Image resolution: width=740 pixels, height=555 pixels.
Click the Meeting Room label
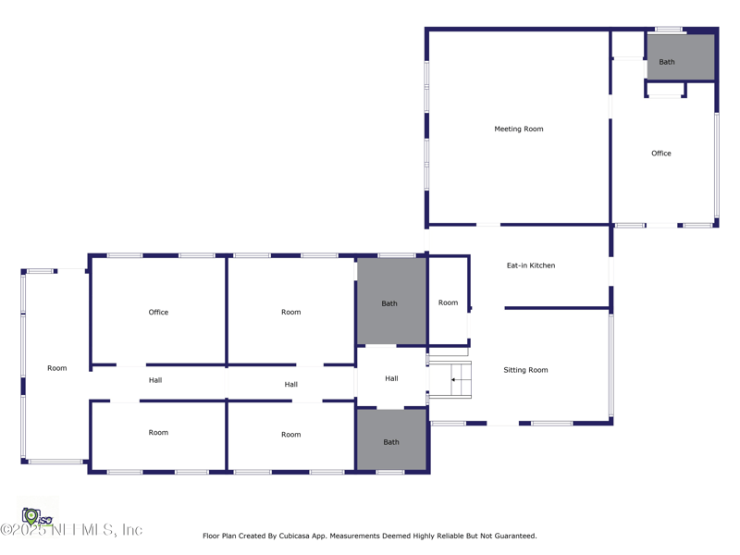pyautogui.click(x=519, y=129)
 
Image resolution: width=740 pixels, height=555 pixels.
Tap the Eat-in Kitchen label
pyautogui.click(x=531, y=265)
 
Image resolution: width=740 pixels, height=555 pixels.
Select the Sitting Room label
pyautogui.click(x=525, y=370)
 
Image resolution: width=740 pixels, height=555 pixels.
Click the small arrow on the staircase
pyautogui.click(x=453, y=379)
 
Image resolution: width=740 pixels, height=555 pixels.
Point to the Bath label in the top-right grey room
pyautogui.click(x=667, y=62)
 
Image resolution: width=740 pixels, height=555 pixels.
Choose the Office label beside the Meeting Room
pyautogui.click(x=661, y=154)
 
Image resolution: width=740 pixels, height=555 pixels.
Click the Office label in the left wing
pyautogui.click(x=158, y=312)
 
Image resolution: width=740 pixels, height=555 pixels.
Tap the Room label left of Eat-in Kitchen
pyautogui.click(x=448, y=302)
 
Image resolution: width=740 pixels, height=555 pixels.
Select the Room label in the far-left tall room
pyautogui.click(x=57, y=368)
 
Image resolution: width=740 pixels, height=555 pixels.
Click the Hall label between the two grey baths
pyautogui.click(x=391, y=378)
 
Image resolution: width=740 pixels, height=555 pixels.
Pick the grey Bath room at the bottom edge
pyautogui.click(x=391, y=439)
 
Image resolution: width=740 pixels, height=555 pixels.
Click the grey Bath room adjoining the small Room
pyautogui.click(x=391, y=302)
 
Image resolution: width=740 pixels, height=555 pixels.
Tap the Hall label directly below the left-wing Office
pyautogui.click(x=155, y=380)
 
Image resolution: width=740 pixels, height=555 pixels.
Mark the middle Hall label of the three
pyautogui.click(x=291, y=384)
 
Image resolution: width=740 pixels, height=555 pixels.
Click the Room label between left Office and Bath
pyautogui.click(x=291, y=312)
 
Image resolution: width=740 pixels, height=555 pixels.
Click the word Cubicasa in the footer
pyautogui.click(x=294, y=536)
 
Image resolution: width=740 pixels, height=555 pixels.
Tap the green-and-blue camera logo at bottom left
pyautogui.click(x=37, y=517)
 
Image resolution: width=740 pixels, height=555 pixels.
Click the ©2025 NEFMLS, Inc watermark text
pyautogui.click(x=71, y=529)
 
